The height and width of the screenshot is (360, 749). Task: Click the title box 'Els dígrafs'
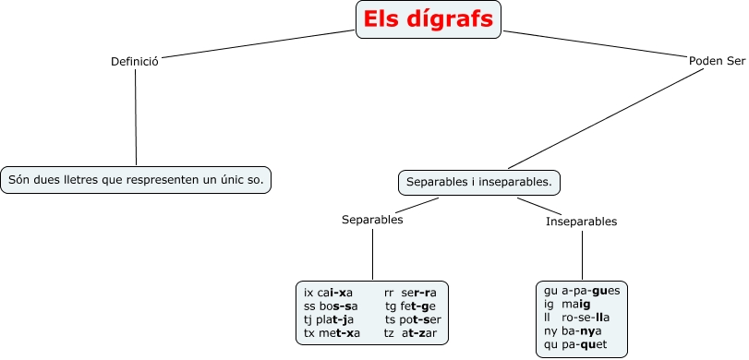(x=428, y=19)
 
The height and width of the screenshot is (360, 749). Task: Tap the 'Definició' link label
(x=135, y=61)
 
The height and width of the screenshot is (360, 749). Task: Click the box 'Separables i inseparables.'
(x=478, y=182)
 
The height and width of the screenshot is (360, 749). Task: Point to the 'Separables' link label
(x=372, y=220)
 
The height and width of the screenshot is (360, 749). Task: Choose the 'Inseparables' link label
(x=581, y=222)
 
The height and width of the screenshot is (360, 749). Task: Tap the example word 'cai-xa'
(x=335, y=293)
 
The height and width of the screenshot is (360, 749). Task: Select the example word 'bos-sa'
(x=337, y=306)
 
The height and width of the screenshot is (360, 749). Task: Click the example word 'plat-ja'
(x=335, y=318)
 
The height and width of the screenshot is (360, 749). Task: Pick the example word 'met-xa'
(x=339, y=332)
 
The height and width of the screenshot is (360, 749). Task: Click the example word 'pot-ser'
(x=421, y=318)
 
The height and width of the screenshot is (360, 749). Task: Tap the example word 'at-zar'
(x=419, y=332)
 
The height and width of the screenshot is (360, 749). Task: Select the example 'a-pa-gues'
(x=591, y=290)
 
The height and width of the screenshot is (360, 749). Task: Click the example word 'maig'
(x=575, y=304)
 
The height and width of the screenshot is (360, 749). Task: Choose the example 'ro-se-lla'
(x=586, y=318)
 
